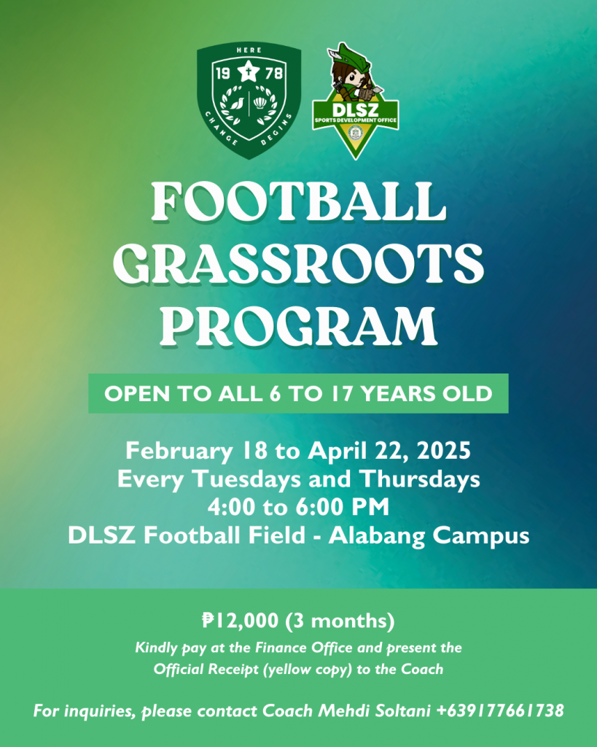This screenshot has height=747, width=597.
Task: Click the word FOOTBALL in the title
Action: point(299,201)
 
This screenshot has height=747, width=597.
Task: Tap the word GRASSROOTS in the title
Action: point(299,263)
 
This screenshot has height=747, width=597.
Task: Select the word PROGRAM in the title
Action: point(299,326)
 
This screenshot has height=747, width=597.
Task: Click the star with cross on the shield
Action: point(249,72)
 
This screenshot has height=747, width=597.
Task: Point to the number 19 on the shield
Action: point(223,74)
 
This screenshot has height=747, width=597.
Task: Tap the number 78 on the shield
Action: point(274,74)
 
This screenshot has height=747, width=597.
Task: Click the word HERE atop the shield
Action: point(249,50)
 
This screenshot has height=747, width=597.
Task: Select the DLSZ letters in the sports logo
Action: point(355,110)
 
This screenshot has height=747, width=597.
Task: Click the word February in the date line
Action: point(179,451)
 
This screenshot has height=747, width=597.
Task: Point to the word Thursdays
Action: point(419,479)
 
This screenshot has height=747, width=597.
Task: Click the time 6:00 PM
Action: point(343,507)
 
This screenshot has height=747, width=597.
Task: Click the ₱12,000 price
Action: point(240,620)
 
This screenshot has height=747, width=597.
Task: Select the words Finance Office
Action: point(304,648)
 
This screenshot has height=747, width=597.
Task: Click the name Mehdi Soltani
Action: point(374,711)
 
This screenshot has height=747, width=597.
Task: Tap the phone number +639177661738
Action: point(500,711)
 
